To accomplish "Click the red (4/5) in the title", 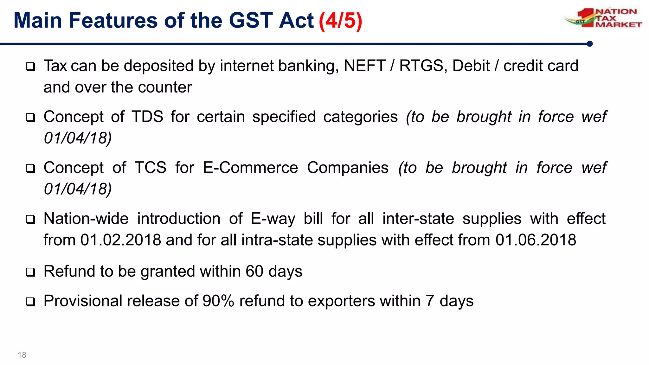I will [340, 21].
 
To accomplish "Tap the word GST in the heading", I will [251, 21].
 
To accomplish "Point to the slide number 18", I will [22, 355].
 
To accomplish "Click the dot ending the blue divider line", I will [589, 44].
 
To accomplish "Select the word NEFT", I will [364, 66].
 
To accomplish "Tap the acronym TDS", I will [147, 117].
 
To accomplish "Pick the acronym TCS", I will [150, 168].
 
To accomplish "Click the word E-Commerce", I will [250, 168].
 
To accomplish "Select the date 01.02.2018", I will [121, 240].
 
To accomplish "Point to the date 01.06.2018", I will [536, 240].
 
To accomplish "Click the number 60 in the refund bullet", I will [254, 272].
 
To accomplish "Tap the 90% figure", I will [218, 301].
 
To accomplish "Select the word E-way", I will [273, 219].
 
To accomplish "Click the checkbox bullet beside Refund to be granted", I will [30, 272].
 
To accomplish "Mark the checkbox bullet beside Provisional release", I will [30, 301].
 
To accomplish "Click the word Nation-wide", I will [86, 219].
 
